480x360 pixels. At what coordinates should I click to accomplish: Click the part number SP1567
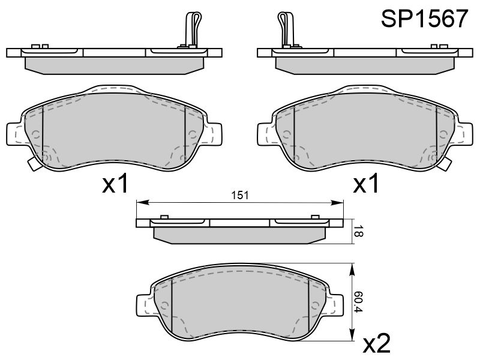click(424, 19)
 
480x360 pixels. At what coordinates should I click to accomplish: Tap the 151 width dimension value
click(239, 196)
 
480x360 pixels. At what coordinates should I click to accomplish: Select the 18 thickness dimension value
click(358, 232)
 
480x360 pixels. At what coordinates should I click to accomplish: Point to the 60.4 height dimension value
click(358, 302)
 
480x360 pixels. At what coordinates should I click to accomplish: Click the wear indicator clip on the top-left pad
click(193, 29)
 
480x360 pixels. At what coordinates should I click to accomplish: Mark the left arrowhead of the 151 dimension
click(143, 202)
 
